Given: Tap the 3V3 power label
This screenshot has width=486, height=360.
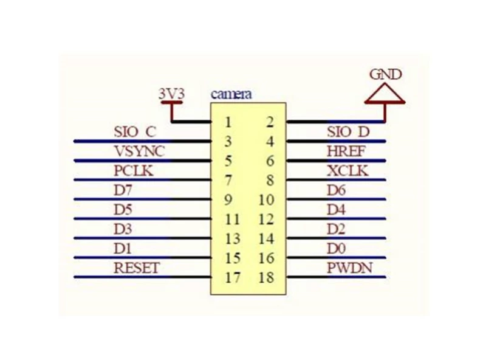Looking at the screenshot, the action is point(171,94).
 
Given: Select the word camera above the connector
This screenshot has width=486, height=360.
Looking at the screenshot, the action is point(231,94).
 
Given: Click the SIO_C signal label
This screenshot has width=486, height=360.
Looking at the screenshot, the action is point(134,132).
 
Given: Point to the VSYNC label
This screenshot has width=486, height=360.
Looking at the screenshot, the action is point(139,151).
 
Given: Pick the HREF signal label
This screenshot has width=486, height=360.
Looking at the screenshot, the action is point(346,151).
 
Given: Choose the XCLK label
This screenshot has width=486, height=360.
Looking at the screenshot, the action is point(347,171).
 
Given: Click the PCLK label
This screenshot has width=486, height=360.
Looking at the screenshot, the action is point(134,171).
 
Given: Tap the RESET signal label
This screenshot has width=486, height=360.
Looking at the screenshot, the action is point(137,268).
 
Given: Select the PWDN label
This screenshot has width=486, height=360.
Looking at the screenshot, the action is point(350,268).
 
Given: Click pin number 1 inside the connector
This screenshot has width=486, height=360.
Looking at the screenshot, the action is point(228,122).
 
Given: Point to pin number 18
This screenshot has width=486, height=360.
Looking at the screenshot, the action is point(267,277).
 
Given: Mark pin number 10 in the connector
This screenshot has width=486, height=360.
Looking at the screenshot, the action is point(267,200).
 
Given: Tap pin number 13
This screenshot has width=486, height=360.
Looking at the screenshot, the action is point(233,238).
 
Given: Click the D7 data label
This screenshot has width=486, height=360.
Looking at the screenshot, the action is point(123,190).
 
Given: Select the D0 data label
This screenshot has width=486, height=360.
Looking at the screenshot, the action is point(337,249).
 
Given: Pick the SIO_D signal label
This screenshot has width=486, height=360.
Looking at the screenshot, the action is point(348,132).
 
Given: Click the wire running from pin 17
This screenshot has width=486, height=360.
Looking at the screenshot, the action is point(143,277).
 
